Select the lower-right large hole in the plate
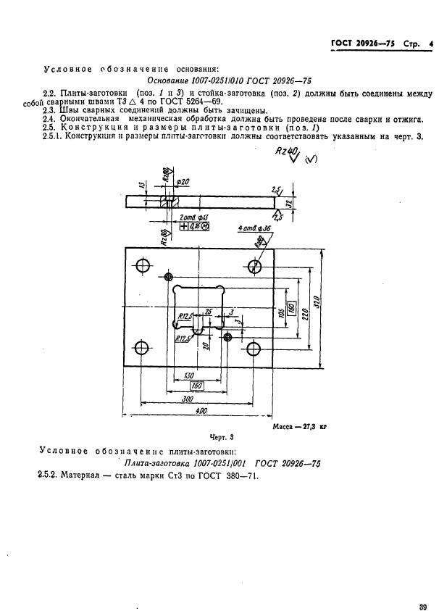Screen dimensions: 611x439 [x=256, y=347]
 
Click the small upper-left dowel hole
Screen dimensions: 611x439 [x=170, y=278]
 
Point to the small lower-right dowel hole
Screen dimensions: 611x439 [x=228, y=337]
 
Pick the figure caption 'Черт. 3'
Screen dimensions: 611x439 [x=219, y=437]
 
